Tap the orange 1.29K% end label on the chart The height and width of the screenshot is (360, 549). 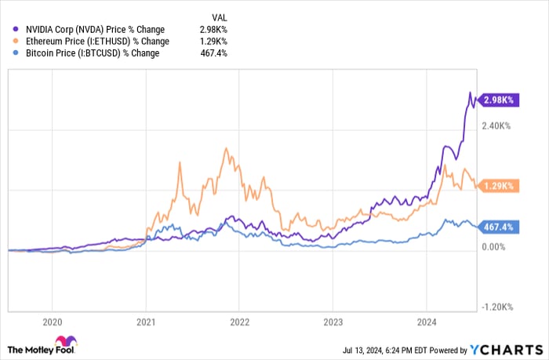(x=499, y=186)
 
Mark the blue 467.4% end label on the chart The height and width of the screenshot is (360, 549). (x=499, y=227)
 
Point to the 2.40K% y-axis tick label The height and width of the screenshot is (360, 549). (x=499, y=125)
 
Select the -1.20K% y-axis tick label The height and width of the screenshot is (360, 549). (x=499, y=307)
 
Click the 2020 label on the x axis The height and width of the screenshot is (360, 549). (x=52, y=321)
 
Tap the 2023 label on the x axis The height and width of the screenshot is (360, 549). (x=333, y=321)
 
